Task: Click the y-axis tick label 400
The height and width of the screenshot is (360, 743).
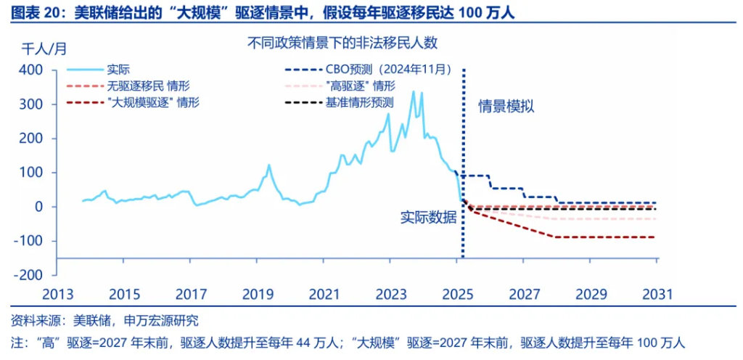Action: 33,70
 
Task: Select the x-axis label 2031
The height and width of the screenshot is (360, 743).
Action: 658,295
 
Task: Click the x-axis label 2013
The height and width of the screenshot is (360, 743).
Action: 57,295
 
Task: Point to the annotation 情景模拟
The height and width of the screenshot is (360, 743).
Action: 506,107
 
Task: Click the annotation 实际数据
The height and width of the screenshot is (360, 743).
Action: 428,217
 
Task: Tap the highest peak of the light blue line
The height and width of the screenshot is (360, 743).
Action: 414,92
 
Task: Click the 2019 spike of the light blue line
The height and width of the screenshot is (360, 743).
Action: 269,165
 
